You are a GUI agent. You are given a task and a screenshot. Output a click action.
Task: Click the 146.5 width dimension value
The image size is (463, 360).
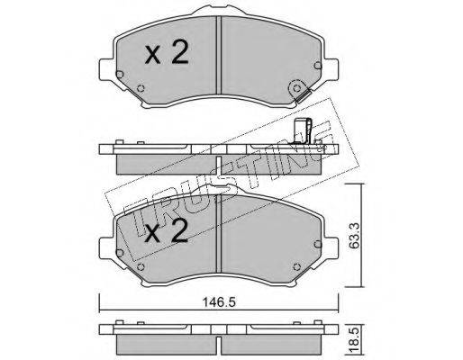tap(219, 301)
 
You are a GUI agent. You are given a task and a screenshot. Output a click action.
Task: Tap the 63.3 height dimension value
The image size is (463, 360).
tap(355, 236)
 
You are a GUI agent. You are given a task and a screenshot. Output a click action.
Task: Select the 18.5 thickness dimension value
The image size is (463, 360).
tap(355, 340)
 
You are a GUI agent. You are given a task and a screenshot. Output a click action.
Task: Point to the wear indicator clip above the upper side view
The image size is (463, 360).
tap(303, 130)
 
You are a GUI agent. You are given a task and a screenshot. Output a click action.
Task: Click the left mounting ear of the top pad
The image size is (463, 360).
tap(106, 69)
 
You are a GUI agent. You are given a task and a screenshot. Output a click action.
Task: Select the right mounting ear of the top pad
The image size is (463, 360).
tap(331, 69)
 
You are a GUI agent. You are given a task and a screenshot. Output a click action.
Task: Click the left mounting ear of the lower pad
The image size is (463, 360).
tap(106, 248)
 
